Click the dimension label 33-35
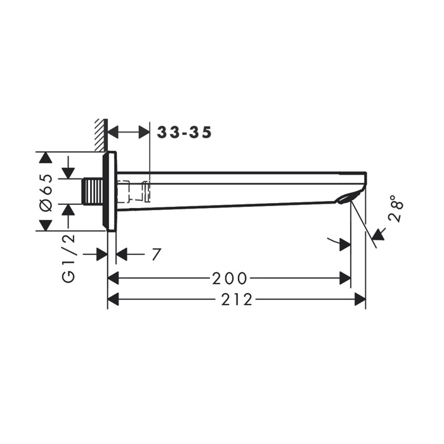pos(185,133)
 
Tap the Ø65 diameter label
pos(46,193)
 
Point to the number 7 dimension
pos(156,254)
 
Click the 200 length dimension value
pos(230,278)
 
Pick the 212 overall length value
pos(237,299)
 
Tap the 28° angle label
pos(396,208)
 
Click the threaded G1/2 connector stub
pos(93,191)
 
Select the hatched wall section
pos(101,134)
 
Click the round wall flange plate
pos(110,191)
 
